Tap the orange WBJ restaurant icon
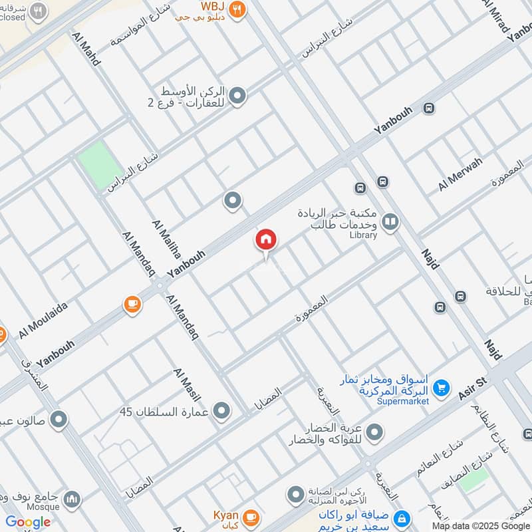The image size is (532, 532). click(x=237, y=10)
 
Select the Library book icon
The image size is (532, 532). click(x=391, y=222)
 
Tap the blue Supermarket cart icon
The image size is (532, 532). click(x=440, y=386)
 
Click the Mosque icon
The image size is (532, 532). click(x=73, y=499)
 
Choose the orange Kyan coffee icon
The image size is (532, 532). click(x=251, y=516)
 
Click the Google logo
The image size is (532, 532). click(x=28, y=522)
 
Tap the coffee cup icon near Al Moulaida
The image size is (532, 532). click(x=132, y=305)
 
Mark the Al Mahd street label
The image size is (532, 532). click(x=87, y=48)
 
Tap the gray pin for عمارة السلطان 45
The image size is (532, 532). click(x=221, y=410)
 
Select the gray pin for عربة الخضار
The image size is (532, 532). click(x=374, y=433)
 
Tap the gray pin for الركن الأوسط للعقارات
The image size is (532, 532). click(x=237, y=96)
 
